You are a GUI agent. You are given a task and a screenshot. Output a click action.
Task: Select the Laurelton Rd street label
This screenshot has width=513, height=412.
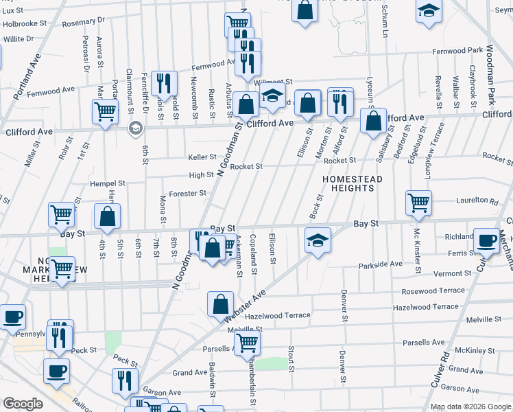[476, 201]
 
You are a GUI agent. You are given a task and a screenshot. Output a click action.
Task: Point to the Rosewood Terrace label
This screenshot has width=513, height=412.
[433, 290]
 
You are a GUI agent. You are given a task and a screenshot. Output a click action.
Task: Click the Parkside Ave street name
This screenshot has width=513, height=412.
[381, 264]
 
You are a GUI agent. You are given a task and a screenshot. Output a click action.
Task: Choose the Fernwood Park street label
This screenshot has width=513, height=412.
[457, 51]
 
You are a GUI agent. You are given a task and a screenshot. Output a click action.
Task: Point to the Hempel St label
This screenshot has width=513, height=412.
[108, 184]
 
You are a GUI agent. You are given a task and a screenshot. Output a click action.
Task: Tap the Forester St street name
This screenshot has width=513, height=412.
[188, 194]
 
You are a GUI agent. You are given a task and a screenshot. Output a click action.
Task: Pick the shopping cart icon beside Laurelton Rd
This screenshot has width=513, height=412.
[418, 203]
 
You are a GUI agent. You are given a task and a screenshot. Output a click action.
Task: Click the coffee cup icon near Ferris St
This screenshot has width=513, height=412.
[487, 240]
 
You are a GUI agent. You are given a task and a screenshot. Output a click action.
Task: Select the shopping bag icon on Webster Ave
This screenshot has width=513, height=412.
[220, 304]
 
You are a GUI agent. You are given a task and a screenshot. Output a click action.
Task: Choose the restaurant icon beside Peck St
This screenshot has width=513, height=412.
[125, 379]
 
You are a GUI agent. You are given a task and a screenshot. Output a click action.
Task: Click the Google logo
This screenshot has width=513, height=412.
[23, 404]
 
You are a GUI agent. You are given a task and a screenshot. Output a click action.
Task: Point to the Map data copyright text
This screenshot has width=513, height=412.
[470, 407]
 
